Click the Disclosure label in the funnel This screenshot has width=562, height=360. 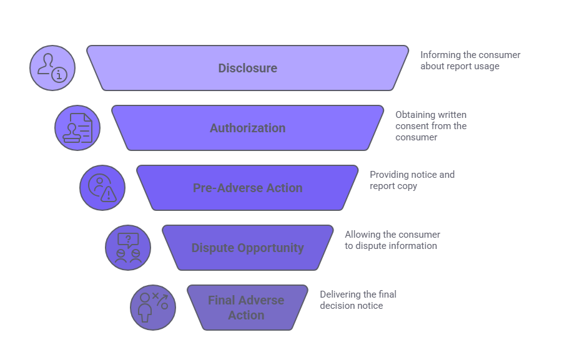pos(247,68)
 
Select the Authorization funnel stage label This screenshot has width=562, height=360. pos(247,128)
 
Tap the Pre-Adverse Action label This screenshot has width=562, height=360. pos(247,188)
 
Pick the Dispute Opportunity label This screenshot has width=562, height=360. pos(247,248)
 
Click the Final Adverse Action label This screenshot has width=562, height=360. pos(246,308)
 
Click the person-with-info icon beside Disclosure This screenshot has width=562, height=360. pos(52,68)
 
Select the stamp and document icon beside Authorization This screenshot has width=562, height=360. pos(77,128)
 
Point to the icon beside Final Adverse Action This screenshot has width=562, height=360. pos(153,308)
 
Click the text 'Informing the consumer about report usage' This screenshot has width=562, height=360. pos(470,61)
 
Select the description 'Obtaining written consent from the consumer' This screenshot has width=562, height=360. pos(431,125)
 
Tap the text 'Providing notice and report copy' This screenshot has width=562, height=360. pos(412,180)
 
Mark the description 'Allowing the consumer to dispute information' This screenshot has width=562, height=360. pos(392,240)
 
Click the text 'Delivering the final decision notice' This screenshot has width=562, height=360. pos(358,300)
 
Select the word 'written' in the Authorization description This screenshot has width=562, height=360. pos(450,115)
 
